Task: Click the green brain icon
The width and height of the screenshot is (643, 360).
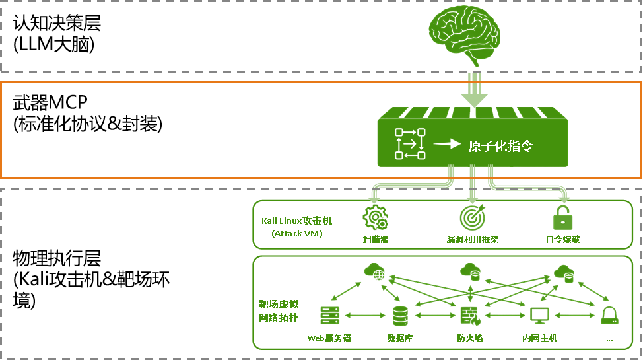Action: pos(465,34)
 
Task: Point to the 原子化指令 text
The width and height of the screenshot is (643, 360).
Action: pos(500,146)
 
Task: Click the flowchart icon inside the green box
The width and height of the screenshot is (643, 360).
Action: pos(410,144)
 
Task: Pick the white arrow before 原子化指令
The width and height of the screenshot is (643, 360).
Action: pos(446,144)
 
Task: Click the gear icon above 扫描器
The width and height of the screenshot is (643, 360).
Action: pos(375,217)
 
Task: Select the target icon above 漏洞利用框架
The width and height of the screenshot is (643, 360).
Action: pos(473,217)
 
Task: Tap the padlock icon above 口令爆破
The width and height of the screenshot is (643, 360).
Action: pos(562,217)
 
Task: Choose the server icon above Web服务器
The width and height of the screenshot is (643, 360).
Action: pos(329,316)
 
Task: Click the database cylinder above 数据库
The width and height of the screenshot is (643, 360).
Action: pos(400,316)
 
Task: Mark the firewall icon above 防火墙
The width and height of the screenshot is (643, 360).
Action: pos(470,316)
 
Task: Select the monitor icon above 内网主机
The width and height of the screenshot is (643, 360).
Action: pos(539,316)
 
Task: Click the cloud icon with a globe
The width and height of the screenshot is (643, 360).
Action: pos(374,271)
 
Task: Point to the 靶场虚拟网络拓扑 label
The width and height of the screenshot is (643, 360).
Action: pos(279,310)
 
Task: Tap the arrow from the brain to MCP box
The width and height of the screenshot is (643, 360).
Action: pos(475,90)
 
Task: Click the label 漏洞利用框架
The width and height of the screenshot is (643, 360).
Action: pos(473,239)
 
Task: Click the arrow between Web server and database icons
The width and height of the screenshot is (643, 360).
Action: pos(365,316)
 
